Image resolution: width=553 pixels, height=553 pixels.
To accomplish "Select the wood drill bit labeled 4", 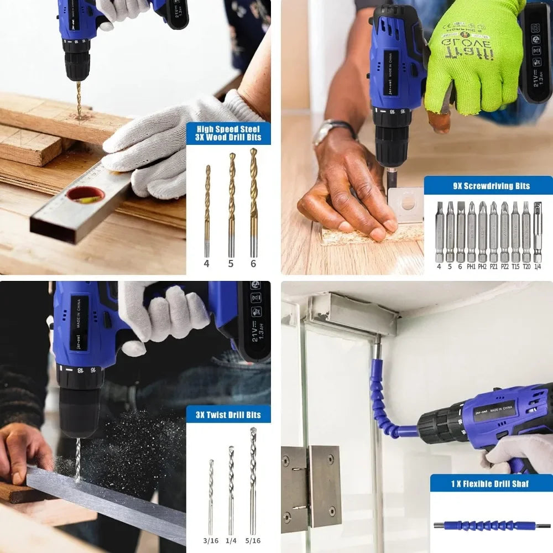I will pyautogui.click(x=207, y=210).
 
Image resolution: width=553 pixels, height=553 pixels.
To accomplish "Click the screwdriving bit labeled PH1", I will pyautogui.click(x=471, y=232).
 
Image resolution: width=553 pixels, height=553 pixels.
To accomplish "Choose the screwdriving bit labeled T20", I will pyautogui.click(x=526, y=232).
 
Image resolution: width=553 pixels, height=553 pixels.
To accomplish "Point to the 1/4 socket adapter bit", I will pyautogui.click(x=538, y=232).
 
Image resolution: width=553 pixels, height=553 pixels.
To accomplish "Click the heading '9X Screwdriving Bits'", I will pyautogui.click(x=488, y=186).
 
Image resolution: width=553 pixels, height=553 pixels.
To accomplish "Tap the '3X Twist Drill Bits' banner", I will pyautogui.click(x=228, y=414).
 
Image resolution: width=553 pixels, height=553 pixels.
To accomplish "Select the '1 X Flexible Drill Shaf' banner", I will pyautogui.click(x=491, y=484).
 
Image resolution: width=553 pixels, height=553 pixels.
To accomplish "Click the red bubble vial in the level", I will pyautogui.click(x=86, y=195).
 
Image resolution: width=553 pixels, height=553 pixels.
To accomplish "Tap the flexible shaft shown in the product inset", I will pyautogui.click(x=491, y=525).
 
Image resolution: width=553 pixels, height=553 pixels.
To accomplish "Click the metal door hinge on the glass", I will pyautogui.click(x=310, y=486).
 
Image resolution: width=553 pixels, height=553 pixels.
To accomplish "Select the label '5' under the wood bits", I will pyautogui.click(x=231, y=264).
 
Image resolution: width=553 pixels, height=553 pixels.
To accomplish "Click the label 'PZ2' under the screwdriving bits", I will pyautogui.click(x=504, y=267).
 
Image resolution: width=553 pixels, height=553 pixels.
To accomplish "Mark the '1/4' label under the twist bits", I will pyautogui.click(x=231, y=540).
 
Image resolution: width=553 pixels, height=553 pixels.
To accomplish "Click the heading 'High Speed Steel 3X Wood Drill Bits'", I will pyautogui.click(x=228, y=133).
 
